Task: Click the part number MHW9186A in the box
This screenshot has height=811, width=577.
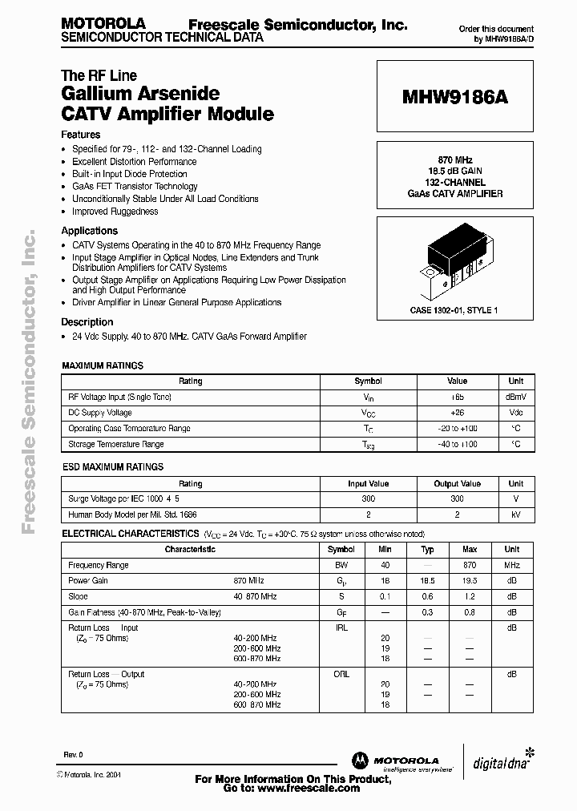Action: pos(454,97)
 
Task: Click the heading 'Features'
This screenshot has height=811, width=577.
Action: pos(81,135)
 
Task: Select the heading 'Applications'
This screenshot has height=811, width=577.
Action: pos(90,231)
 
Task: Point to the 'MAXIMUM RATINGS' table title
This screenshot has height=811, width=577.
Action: pos(103,365)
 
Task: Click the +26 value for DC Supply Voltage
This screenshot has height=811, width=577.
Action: pos(457,413)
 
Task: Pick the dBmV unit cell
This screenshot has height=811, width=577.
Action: pos(515,397)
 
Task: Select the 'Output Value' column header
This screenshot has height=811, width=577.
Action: pos(457,483)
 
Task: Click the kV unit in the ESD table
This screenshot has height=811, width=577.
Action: pos(515,514)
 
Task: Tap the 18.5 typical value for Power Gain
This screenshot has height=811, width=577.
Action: pos(428,580)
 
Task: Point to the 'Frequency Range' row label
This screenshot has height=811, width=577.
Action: pos(99,565)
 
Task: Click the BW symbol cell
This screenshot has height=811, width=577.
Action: pos(341,565)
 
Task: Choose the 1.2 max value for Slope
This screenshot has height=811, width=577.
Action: pos(470,596)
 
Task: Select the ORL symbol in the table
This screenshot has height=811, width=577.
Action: pos(341,674)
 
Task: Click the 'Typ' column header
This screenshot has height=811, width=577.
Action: pos(428,550)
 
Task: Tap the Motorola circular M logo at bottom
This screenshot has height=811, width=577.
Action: pos(361,760)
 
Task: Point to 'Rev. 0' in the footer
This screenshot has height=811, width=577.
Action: pos(74,756)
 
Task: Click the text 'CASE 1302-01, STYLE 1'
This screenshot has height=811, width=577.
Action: pos(454,310)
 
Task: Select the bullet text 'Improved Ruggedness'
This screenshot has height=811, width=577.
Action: pos(115,212)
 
